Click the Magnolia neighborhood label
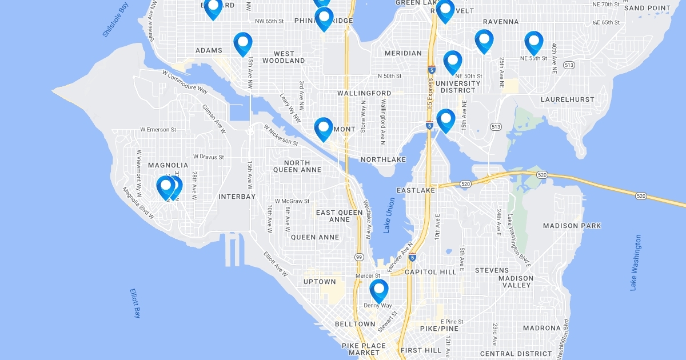coord(168,165)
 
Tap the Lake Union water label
coord(389,215)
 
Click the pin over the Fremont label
coord(323,128)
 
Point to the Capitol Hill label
coord(430,272)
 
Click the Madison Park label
coord(572,226)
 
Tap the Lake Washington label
coord(636,262)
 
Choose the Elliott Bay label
coord(135,303)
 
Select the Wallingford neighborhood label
coord(364,93)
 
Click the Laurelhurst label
coord(567,99)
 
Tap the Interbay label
coord(237,197)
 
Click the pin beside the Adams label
coord(243,43)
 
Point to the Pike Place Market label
coord(361,350)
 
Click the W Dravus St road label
coord(208,157)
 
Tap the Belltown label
coord(355,324)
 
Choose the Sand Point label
coord(647,8)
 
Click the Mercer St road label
coord(364,275)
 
